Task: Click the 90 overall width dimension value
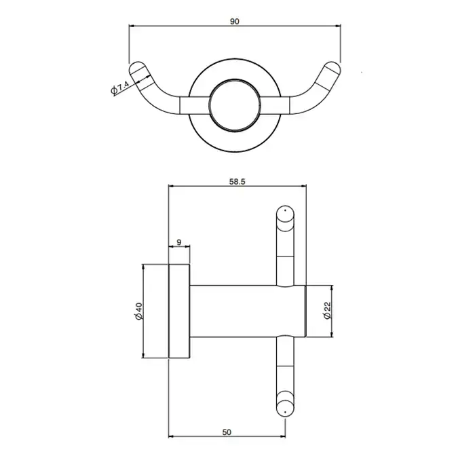click(x=235, y=22)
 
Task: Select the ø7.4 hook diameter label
click(x=120, y=88)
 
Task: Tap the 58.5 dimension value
click(x=237, y=181)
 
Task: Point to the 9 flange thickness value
click(x=178, y=242)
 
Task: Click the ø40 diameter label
click(x=138, y=311)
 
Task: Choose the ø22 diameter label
click(x=328, y=311)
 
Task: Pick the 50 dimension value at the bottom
click(x=227, y=432)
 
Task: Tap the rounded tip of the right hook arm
click(x=334, y=67)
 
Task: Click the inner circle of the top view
click(x=235, y=80)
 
